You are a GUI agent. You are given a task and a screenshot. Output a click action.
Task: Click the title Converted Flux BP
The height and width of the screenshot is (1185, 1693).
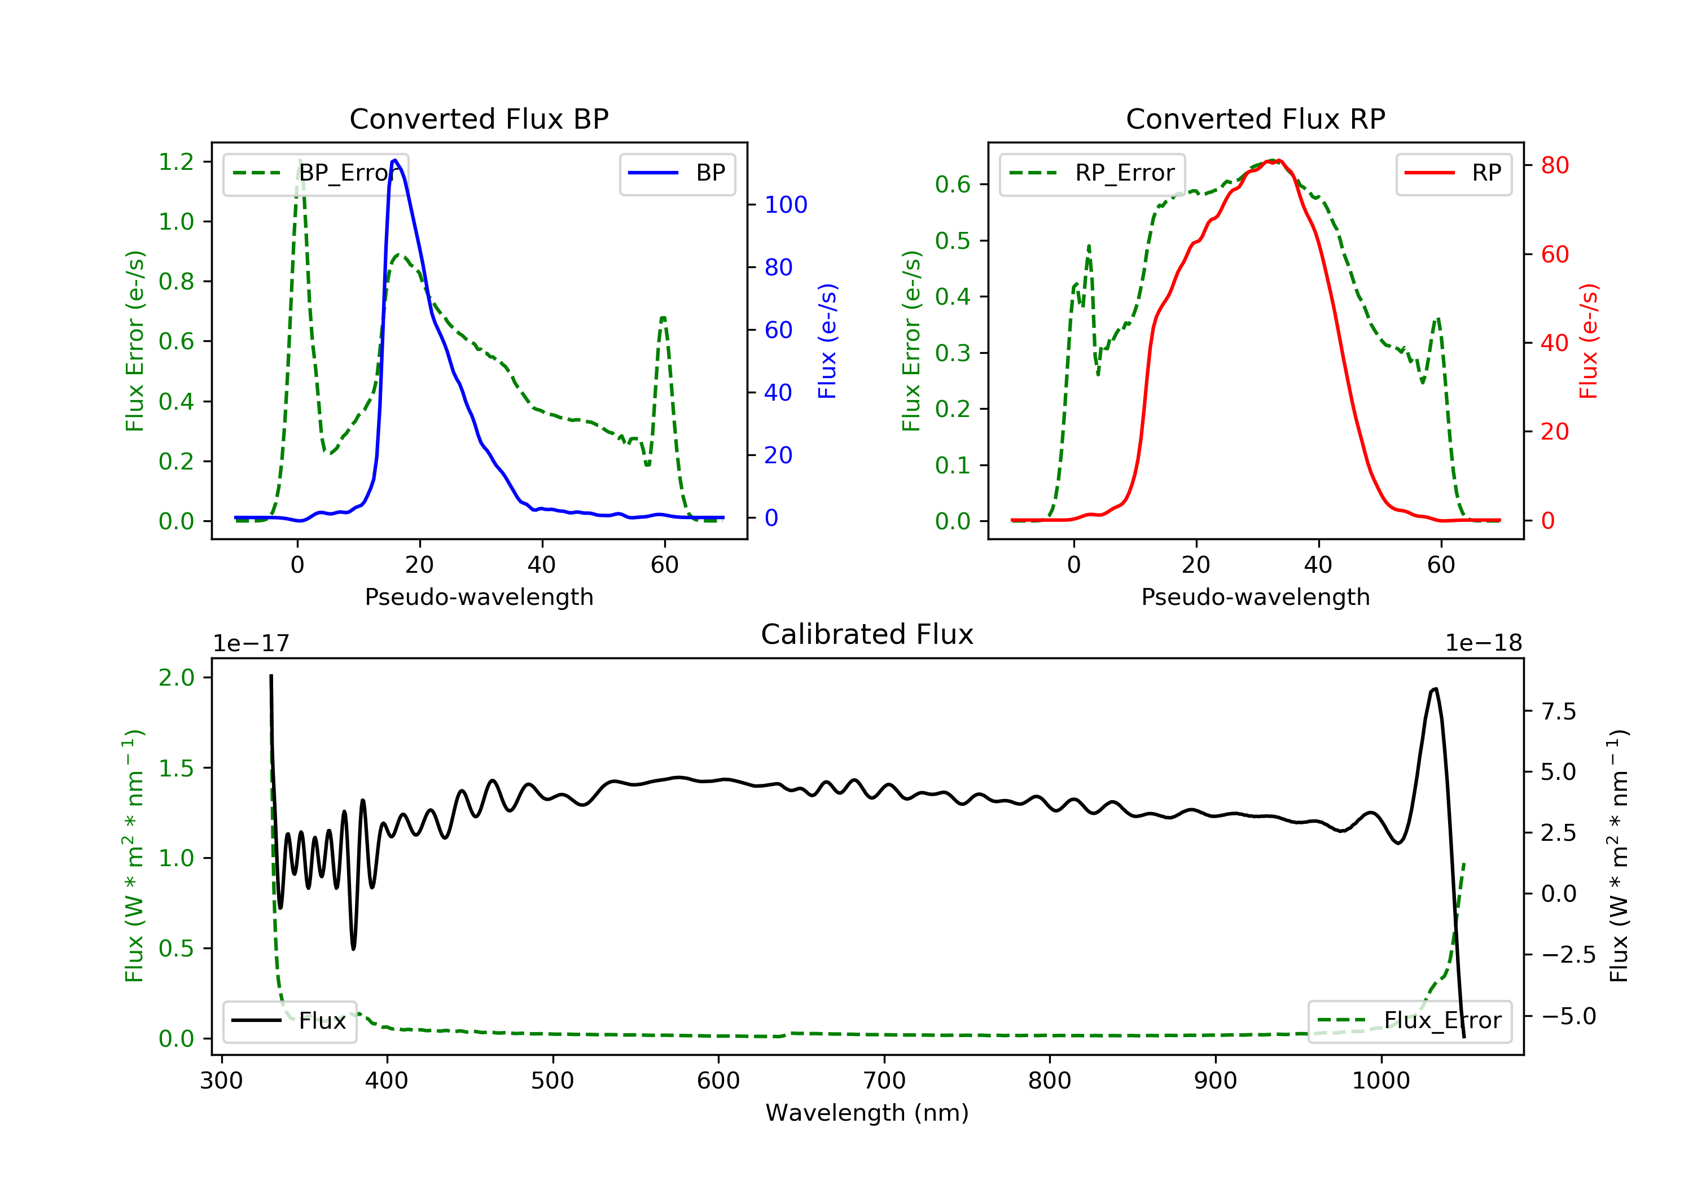tap(479, 118)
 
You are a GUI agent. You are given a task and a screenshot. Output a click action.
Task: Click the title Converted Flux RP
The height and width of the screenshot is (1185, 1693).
tap(1255, 118)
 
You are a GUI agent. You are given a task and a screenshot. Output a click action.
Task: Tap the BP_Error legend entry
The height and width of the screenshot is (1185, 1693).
tap(315, 173)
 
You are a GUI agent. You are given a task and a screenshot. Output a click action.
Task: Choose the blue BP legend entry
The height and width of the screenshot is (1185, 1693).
tap(677, 173)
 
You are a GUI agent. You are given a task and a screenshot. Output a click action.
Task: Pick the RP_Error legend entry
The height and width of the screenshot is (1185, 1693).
tap(1091, 173)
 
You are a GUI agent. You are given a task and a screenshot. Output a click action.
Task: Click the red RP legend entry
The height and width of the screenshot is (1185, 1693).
tap(1453, 173)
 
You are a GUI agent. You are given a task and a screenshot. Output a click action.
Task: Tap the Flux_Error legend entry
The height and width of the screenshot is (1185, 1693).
tap(1409, 1021)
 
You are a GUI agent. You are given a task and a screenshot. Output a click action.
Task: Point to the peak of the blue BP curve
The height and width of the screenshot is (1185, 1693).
tap(395, 160)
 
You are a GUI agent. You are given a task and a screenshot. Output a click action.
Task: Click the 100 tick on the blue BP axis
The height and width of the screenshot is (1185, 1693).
tap(786, 205)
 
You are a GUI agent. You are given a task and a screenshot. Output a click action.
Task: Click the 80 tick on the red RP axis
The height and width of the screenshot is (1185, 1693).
tap(1554, 165)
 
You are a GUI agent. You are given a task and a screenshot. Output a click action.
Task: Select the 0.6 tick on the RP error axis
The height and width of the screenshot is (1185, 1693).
tap(953, 185)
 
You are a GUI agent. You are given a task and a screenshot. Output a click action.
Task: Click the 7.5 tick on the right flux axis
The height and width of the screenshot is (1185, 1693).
tap(1558, 712)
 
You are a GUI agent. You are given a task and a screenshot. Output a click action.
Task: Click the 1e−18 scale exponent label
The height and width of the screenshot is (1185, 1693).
tap(1483, 643)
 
